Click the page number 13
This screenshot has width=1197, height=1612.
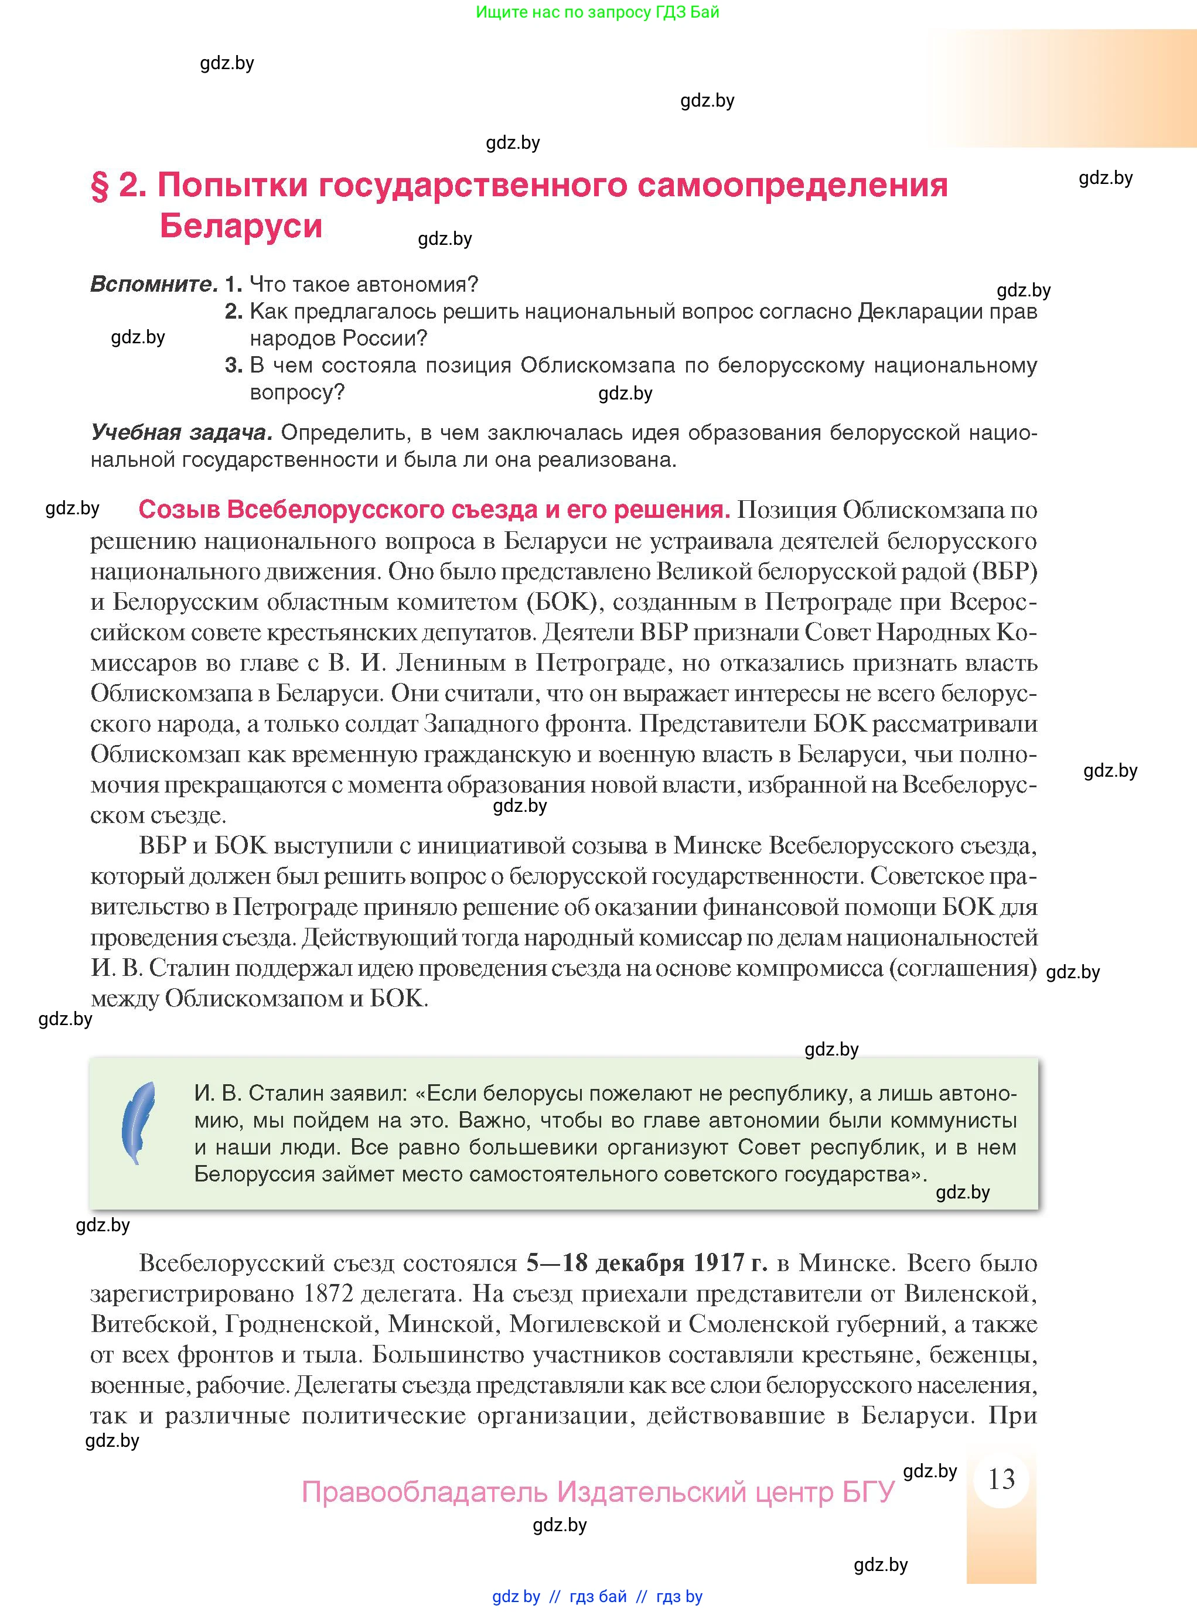pos(1001,1478)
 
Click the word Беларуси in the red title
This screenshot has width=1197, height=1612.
pos(241,226)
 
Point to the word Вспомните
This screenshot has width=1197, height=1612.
pos(154,285)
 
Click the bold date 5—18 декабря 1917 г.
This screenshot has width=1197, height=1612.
pos(646,1263)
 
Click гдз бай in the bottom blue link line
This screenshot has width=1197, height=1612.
pos(598,1597)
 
